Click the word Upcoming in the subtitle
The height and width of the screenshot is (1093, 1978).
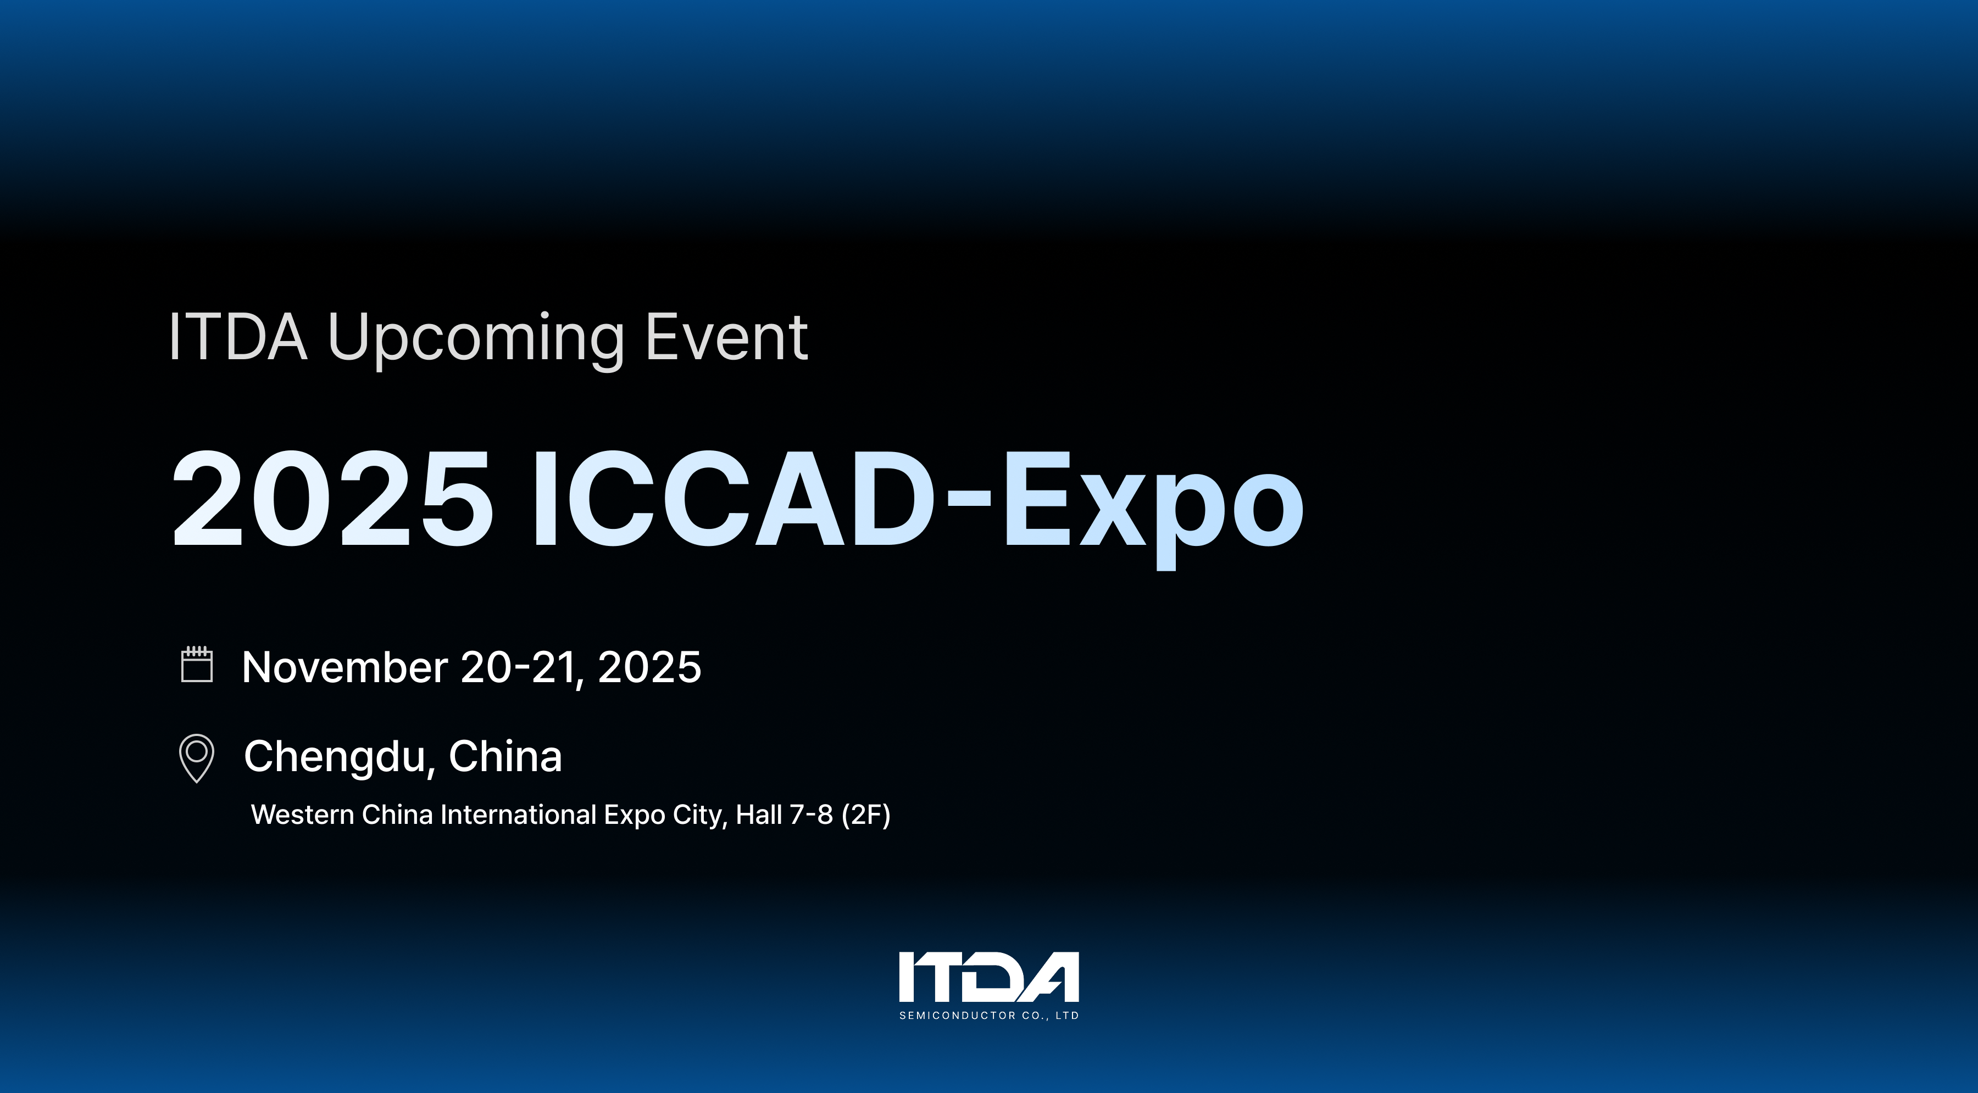(475, 338)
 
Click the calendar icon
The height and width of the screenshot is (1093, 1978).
(197, 664)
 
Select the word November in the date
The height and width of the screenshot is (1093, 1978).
(345, 667)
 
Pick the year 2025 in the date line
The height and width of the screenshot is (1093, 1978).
(649, 667)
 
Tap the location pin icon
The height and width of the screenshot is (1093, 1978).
(197, 757)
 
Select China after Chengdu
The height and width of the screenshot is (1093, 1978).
(505, 756)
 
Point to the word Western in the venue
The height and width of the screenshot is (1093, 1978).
(303, 815)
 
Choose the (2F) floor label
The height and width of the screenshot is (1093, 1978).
(866, 815)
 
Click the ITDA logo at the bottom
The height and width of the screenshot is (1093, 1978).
(989, 977)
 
